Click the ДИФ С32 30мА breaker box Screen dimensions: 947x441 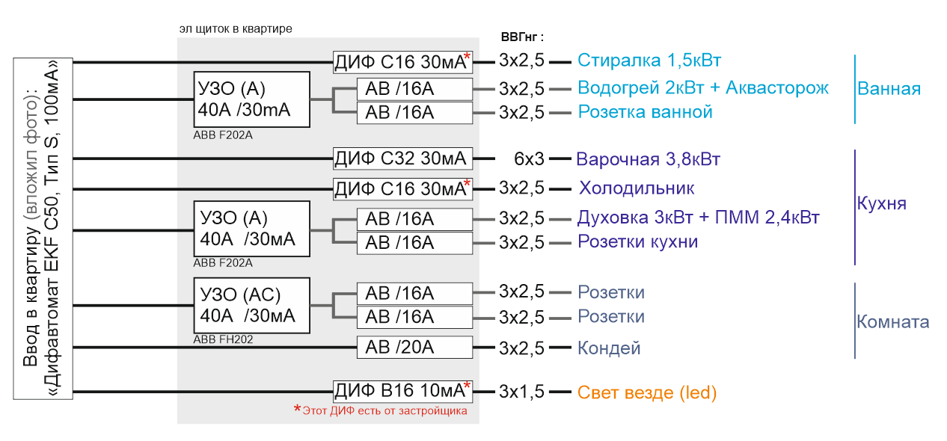[402, 158]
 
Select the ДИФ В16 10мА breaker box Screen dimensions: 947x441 [402, 391]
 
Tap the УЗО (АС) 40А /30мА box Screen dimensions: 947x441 [251, 306]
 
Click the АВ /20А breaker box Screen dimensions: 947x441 [414, 348]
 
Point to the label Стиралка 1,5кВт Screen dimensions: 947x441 [649, 61]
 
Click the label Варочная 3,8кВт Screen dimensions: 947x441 [648, 159]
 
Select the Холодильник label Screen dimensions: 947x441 [637, 188]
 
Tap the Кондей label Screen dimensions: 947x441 [609, 348]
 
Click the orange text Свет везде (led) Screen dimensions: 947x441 [647, 392]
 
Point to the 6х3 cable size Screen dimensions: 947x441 [529, 158]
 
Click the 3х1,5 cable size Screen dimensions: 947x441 [521, 392]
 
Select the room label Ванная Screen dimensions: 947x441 [889, 89]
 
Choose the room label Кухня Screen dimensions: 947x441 [881, 203]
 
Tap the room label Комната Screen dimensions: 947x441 [893, 322]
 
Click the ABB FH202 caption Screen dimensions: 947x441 [223, 339]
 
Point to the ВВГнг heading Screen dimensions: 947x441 [522, 37]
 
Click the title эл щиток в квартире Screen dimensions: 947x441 [236, 28]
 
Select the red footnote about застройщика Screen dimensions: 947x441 [381, 410]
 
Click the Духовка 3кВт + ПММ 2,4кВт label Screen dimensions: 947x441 [699, 218]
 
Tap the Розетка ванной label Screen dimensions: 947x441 [645, 112]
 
